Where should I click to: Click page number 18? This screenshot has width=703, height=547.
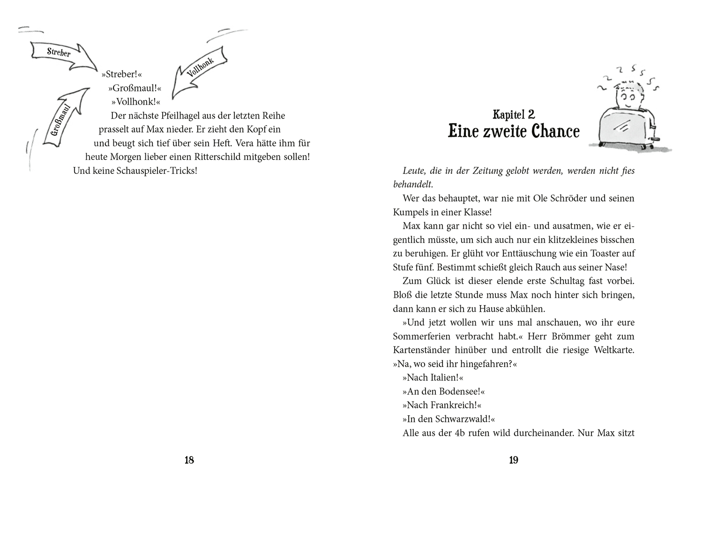(x=189, y=460)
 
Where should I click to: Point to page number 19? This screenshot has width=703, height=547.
(x=514, y=460)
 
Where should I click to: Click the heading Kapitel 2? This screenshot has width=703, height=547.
(x=514, y=114)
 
